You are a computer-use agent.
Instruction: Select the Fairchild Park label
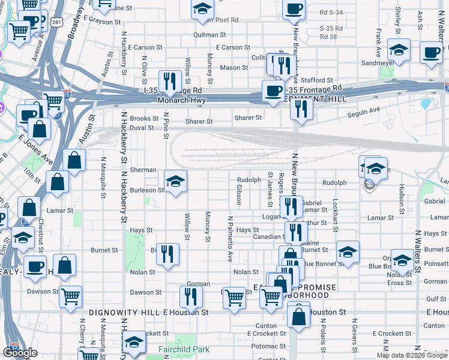coord(183,349)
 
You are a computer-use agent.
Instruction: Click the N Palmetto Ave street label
coord(229,238)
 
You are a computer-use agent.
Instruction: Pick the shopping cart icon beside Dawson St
coord(71,295)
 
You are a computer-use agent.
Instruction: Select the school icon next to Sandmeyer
coord(399,49)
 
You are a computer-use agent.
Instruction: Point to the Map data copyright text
coord(411,355)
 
